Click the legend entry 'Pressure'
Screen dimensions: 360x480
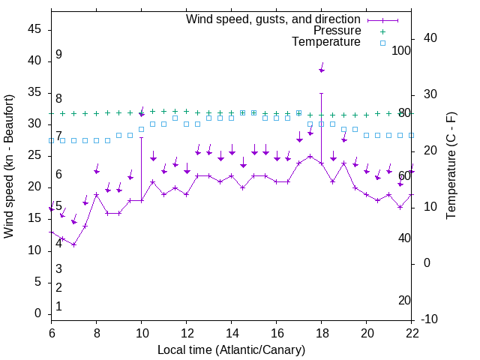(x=337, y=31)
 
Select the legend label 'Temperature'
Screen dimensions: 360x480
(x=326, y=43)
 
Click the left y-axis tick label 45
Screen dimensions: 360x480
(x=34, y=29)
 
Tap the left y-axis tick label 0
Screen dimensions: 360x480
(x=38, y=313)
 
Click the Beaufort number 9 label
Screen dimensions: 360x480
(x=58, y=55)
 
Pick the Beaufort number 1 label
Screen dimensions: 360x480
(x=58, y=307)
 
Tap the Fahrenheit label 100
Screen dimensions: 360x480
(x=401, y=50)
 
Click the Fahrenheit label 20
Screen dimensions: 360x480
(x=404, y=301)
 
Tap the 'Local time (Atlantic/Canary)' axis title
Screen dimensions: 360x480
(x=232, y=349)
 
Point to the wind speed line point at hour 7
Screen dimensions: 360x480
(x=73, y=244)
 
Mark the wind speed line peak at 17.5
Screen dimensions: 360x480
(x=310, y=156)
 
